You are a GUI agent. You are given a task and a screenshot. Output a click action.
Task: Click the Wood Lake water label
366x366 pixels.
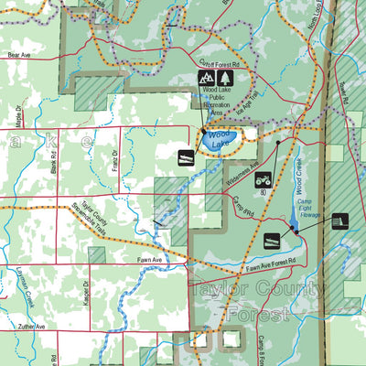coord(220,139)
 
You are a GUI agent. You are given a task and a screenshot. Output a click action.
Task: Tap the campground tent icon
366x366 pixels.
coord(205,79)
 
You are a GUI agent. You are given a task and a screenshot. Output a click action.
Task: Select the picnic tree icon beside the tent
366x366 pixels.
coord(223,79)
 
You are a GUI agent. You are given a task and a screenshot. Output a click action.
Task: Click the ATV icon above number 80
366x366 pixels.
coord(263,179)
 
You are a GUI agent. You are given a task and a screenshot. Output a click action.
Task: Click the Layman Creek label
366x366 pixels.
coord(17,274)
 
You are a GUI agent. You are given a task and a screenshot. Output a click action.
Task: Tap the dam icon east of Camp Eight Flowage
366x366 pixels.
coord(340,221)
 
